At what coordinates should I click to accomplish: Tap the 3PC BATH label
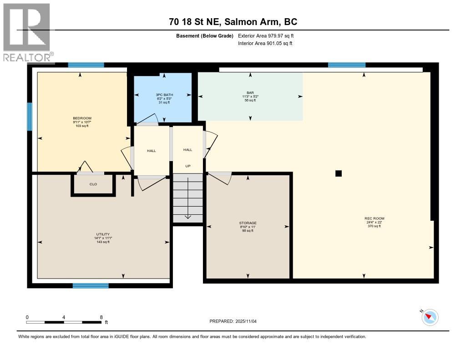[162, 95]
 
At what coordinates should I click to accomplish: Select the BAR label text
[250, 93]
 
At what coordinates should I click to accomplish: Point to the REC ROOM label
[374, 218]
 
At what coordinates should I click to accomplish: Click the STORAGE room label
[248, 223]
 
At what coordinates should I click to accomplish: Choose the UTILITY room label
[102, 234]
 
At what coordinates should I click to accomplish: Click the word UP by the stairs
[187, 167]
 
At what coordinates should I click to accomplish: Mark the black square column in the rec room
[338, 173]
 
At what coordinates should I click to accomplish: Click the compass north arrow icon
[430, 317]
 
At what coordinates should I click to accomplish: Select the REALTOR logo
[27, 32]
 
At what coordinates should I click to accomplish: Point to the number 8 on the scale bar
[101, 317]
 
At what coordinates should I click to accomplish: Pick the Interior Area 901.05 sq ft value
[265, 43]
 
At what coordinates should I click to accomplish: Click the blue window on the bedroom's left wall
[30, 117]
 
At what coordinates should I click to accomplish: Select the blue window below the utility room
[91, 286]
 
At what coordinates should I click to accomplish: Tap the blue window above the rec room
[346, 65]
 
